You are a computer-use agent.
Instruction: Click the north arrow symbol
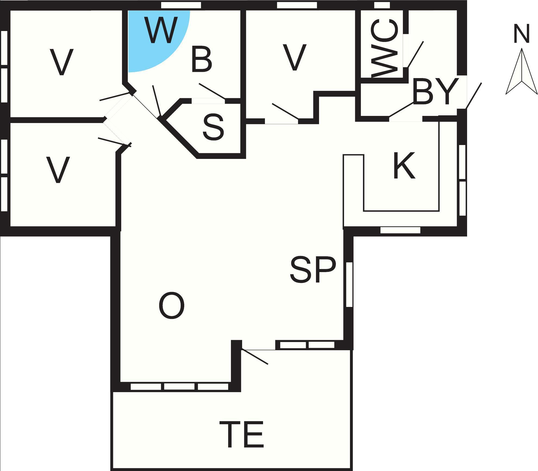coord(521,71)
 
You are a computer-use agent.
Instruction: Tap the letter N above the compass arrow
coord(522,34)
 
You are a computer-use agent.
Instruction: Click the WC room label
coord(385,48)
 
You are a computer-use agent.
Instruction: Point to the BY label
coord(436,91)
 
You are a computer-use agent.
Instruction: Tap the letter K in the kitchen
coord(404,165)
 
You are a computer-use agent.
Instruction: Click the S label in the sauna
coord(214,127)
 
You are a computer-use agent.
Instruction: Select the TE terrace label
coord(242,436)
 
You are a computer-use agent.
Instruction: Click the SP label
coord(313,270)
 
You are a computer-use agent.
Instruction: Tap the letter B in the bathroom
coord(202,59)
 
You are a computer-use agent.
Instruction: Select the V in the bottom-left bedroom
coord(58,170)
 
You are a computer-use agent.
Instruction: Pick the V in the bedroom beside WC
coord(295,57)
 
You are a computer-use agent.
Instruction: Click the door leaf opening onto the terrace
coord(255,357)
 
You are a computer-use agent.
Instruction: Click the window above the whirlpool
coord(181,5)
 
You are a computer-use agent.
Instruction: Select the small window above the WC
coord(382,5)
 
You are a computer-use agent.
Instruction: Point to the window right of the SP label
coord(349,284)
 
